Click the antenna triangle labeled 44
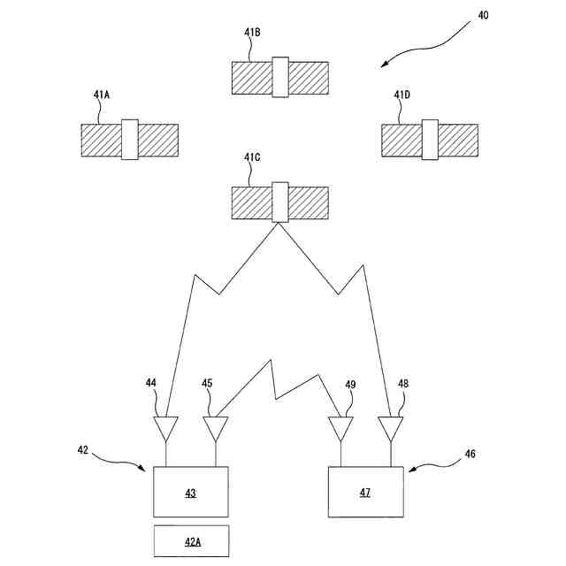(x=166, y=429)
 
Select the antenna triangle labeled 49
(x=340, y=429)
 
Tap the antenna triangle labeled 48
(x=390, y=429)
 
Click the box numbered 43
(x=191, y=492)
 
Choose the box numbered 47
(x=365, y=492)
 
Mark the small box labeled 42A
(x=191, y=540)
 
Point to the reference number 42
(x=83, y=449)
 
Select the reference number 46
(x=470, y=454)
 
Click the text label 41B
(x=252, y=33)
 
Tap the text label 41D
(x=402, y=95)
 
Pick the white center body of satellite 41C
(x=280, y=203)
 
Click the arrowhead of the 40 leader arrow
(x=382, y=65)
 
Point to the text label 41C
(x=253, y=158)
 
